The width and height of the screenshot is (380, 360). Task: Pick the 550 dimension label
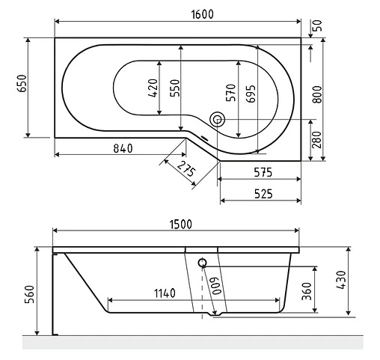pyautogui.click(x=174, y=89)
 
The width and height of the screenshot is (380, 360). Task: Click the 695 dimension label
pyautogui.click(x=251, y=92)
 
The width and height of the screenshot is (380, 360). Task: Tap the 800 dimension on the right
pyautogui.click(x=317, y=92)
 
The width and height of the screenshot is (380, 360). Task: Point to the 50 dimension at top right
pyautogui.click(x=317, y=25)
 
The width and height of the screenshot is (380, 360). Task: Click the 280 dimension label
pyautogui.click(x=316, y=140)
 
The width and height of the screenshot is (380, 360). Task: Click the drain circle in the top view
pyautogui.click(x=218, y=119)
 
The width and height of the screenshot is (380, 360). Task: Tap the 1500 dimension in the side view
pyautogui.click(x=177, y=223)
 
